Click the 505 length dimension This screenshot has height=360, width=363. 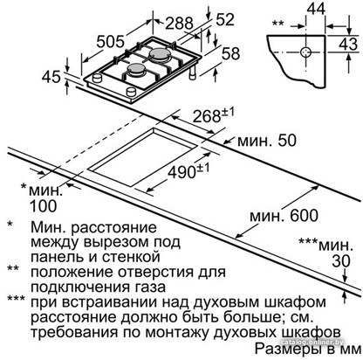coord(111,42)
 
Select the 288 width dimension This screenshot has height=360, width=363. coord(179,24)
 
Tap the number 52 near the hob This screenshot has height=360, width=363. coord(225,20)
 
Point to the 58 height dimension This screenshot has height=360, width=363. coord(231,53)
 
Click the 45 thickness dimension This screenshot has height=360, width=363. coord(51,77)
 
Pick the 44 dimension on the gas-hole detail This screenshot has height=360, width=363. coord(316,9)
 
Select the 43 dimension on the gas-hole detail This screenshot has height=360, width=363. coord(348,44)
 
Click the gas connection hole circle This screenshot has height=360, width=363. coord(305,52)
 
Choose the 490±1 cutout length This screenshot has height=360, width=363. coord(188,170)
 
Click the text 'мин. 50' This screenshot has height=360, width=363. coord(267,141)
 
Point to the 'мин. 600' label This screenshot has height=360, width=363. coord(284,216)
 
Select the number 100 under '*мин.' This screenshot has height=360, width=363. coord(44,206)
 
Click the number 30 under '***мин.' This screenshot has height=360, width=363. coord(341,261)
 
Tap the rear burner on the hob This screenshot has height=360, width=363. coord(159,53)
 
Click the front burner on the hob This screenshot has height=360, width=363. coord(136,69)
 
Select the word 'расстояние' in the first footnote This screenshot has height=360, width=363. coord(113,227)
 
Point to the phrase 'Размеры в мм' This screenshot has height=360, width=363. coord(308,349)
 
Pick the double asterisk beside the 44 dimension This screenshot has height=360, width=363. coord(278,23)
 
